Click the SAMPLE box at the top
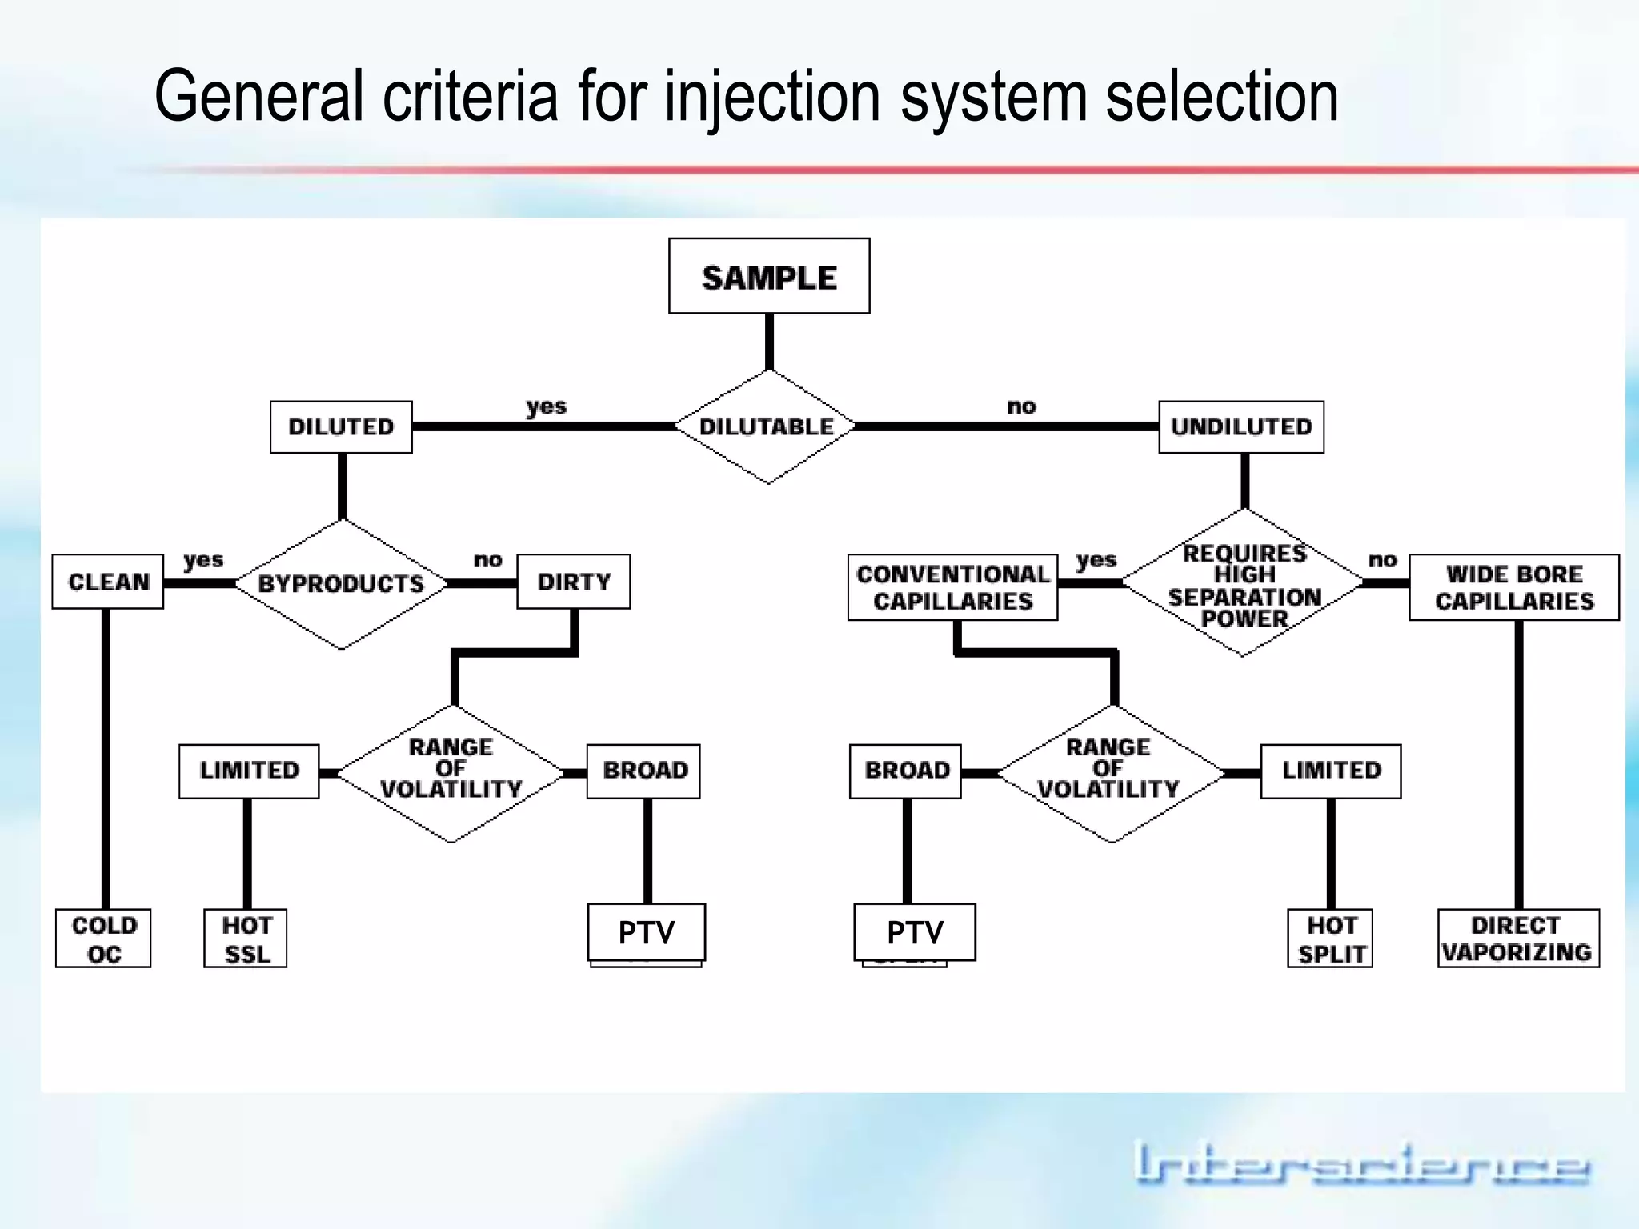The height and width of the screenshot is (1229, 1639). (x=769, y=276)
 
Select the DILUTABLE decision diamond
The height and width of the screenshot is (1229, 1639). (x=766, y=426)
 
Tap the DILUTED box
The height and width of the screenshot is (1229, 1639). (x=341, y=427)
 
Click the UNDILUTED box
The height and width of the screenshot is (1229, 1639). (x=1241, y=427)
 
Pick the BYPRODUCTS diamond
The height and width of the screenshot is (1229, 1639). (x=342, y=584)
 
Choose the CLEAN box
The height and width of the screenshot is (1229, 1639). (x=108, y=582)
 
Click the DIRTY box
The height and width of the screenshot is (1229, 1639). (x=574, y=582)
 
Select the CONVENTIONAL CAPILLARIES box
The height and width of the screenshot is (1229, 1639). (x=952, y=587)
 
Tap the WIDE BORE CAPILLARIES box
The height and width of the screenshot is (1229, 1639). (x=1514, y=587)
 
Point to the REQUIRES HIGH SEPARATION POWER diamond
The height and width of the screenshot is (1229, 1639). (x=1244, y=584)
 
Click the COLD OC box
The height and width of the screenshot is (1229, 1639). (x=103, y=939)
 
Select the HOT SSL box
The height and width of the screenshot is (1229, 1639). (x=246, y=939)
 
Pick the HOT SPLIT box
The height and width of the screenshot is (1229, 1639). (x=1331, y=939)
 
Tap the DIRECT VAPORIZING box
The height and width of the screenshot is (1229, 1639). (x=1517, y=939)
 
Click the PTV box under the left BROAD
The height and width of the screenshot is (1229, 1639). (x=647, y=932)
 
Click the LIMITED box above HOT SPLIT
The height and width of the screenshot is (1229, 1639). (x=1331, y=771)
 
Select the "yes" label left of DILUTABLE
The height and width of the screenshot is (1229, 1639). (x=547, y=406)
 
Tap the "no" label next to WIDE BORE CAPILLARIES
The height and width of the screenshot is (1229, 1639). (x=1382, y=560)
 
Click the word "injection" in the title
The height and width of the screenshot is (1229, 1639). (x=772, y=98)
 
